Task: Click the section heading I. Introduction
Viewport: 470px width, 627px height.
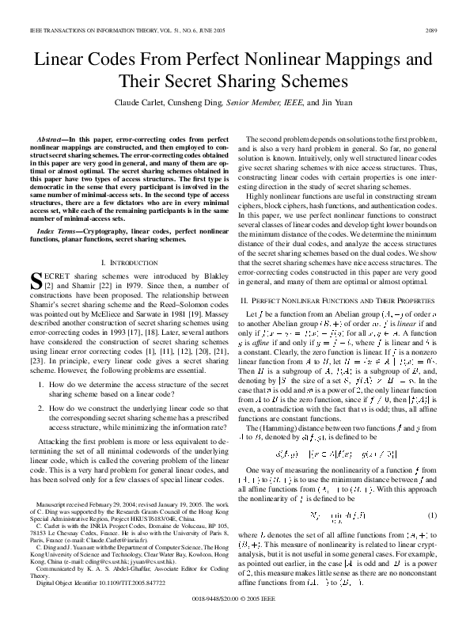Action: pyautogui.click(x=127, y=239)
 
